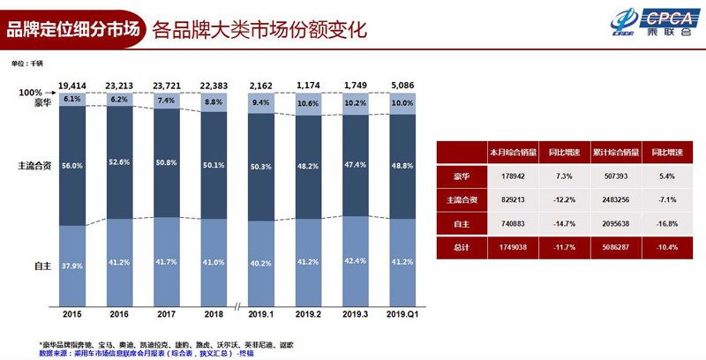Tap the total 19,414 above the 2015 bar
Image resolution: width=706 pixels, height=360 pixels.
(x=72, y=86)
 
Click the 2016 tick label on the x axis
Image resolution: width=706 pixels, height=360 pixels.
(x=120, y=313)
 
